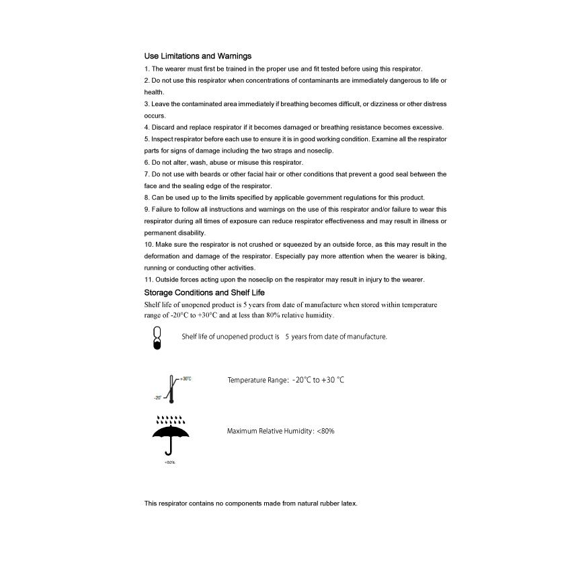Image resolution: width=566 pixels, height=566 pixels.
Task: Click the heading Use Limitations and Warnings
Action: [198, 56]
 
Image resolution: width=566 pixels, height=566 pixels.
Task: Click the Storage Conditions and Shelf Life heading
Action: [204, 292]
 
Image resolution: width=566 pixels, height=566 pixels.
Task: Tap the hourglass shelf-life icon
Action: [157, 337]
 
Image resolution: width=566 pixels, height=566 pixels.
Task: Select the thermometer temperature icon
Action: [171, 389]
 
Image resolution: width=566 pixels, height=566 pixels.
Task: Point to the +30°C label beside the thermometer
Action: [186, 378]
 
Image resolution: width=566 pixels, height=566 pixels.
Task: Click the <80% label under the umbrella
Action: [170, 462]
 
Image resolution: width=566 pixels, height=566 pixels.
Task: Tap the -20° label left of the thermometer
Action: [157, 397]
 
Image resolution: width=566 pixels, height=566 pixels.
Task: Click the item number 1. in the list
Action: [147, 69]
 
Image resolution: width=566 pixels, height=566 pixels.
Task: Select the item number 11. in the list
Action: [149, 280]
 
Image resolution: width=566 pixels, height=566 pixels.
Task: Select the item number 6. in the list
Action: [147, 163]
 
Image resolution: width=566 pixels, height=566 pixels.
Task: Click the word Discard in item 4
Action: [163, 127]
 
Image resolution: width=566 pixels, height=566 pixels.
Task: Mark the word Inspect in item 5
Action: [163, 139]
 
